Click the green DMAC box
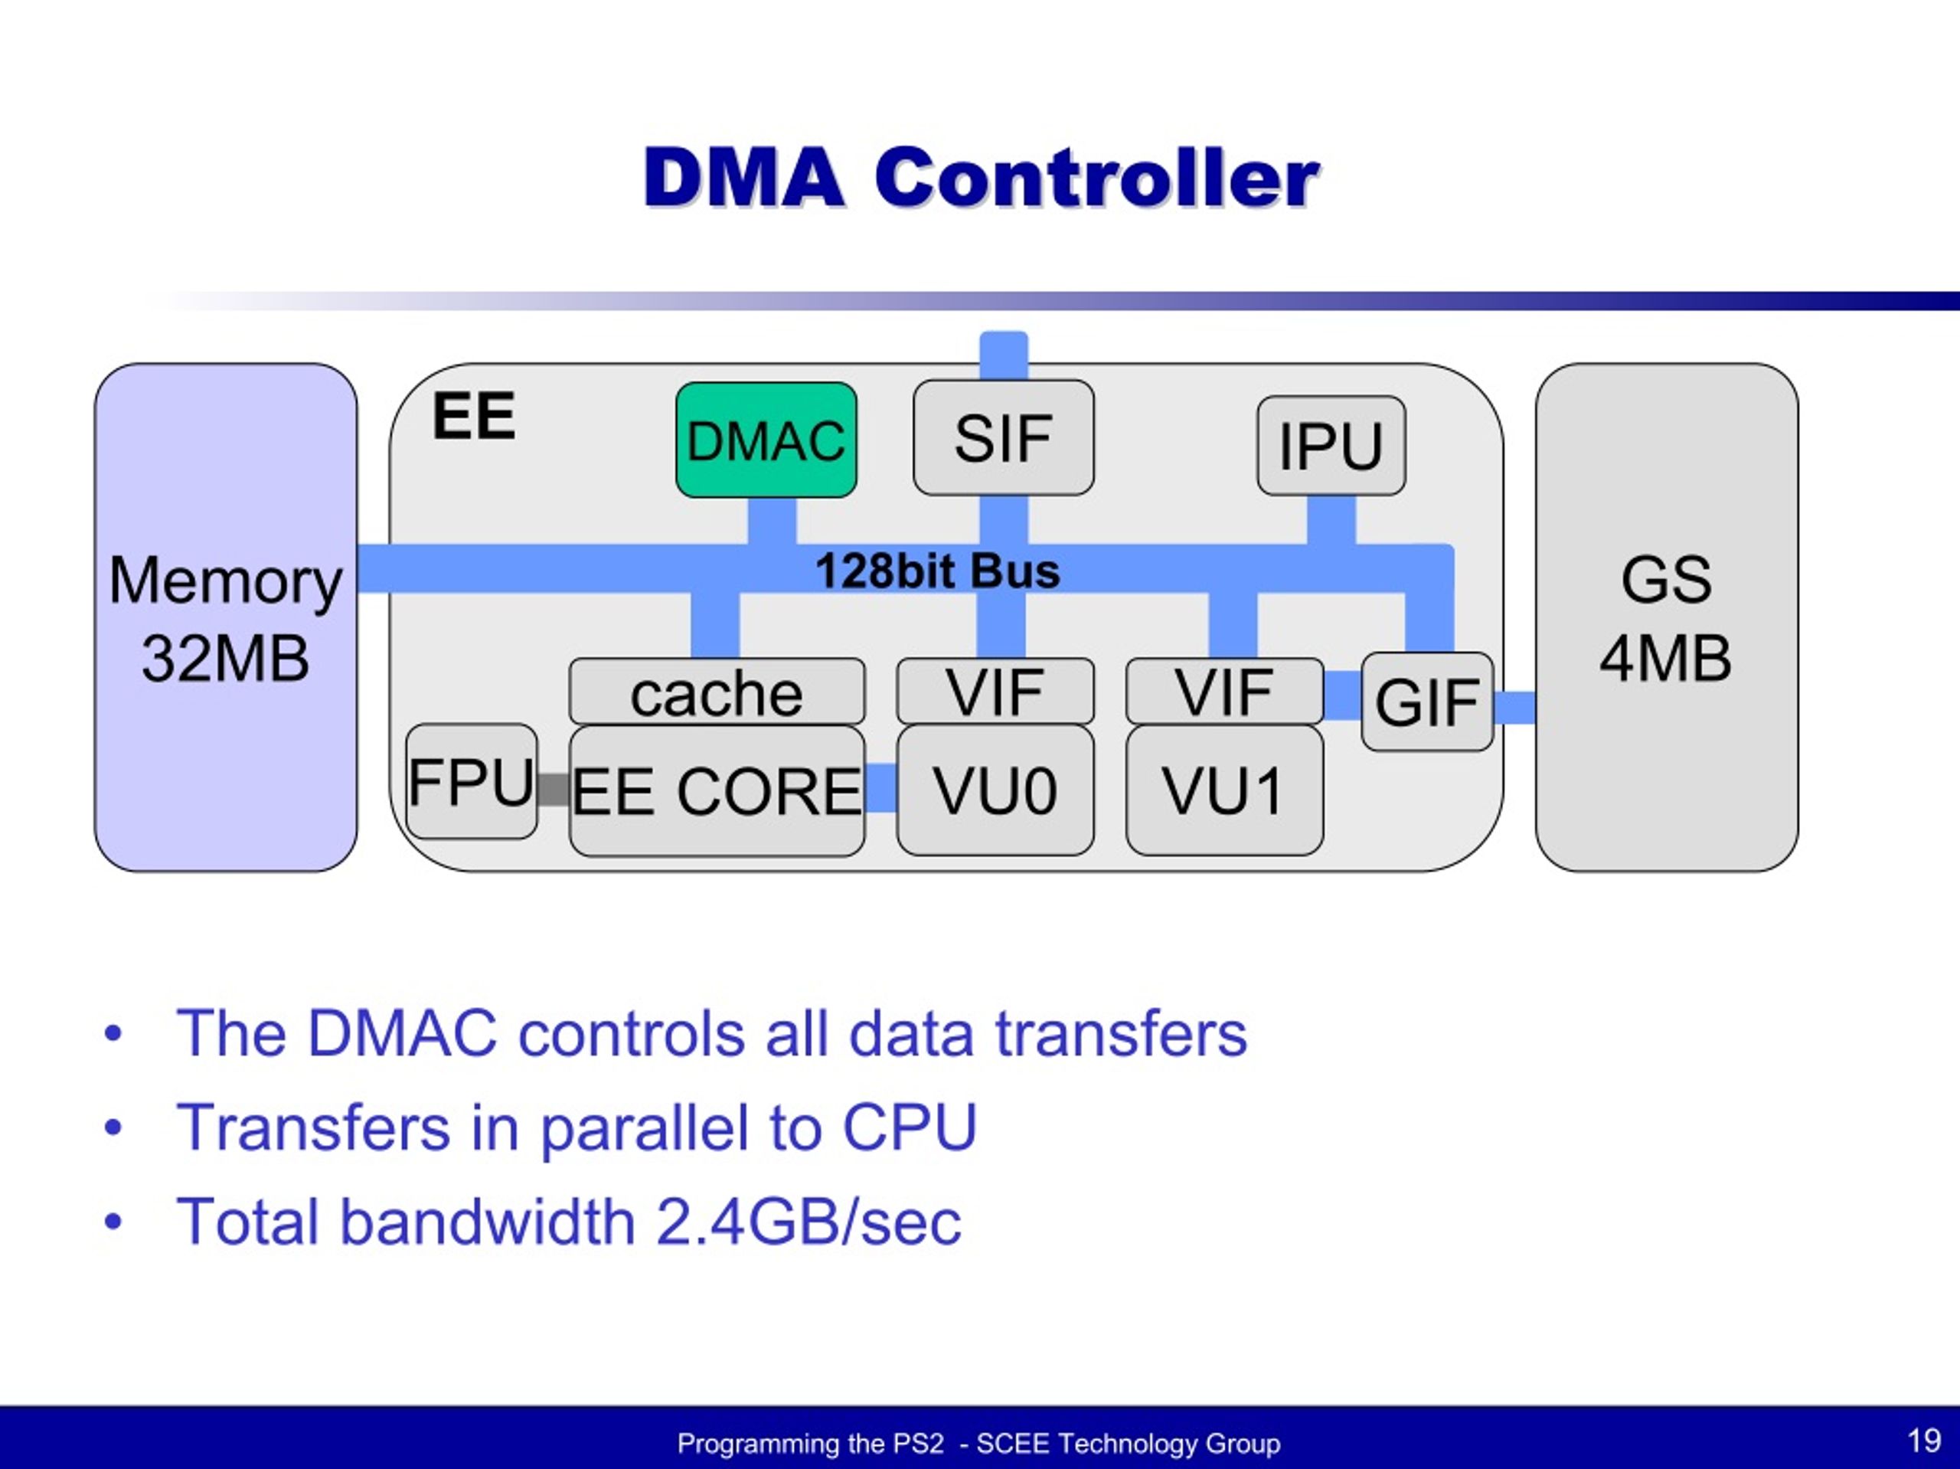coord(766,440)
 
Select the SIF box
coord(1003,438)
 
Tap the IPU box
coord(1330,445)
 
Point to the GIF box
coord(1426,702)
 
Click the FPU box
coord(472,782)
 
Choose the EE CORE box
coord(716,791)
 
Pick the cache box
coord(716,692)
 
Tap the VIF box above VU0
coord(995,692)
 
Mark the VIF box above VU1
coord(1223,692)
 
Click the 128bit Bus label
coord(937,571)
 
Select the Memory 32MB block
coord(226,618)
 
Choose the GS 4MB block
coord(1666,618)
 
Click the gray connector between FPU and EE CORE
coord(554,789)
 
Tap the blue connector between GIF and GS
coord(1514,708)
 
